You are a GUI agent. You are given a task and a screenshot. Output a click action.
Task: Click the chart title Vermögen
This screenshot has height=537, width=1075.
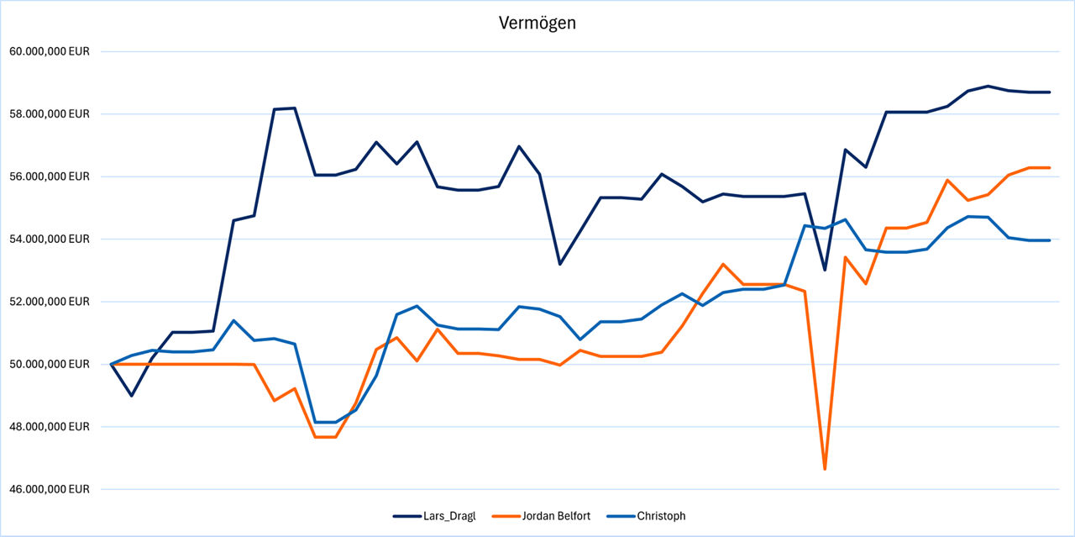click(x=537, y=24)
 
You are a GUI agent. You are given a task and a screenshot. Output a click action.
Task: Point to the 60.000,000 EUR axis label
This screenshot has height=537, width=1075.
click(x=49, y=51)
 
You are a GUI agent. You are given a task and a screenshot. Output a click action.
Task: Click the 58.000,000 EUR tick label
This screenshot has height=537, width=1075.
click(x=49, y=114)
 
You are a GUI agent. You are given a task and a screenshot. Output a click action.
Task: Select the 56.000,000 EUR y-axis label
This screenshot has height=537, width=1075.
click(x=49, y=176)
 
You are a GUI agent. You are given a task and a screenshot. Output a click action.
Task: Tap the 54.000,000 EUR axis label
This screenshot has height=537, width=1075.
click(x=49, y=240)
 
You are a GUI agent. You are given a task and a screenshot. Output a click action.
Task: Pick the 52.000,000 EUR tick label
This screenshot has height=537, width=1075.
click(x=49, y=302)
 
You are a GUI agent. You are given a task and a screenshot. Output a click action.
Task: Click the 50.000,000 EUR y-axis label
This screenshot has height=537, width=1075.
click(x=49, y=364)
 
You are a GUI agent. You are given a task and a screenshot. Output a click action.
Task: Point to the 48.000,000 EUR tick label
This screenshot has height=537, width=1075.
click(x=49, y=427)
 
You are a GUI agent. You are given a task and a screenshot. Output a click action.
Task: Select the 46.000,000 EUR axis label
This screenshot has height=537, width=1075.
click(x=49, y=489)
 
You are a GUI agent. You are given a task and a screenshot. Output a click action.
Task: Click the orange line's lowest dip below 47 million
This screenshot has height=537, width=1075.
click(x=825, y=469)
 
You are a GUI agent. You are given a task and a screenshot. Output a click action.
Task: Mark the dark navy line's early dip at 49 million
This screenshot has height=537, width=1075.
click(x=132, y=395)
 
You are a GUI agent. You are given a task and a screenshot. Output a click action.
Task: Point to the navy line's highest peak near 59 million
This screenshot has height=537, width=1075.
click(x=988, y=86)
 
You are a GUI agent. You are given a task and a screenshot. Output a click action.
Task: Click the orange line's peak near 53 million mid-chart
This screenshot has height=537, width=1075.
click(x=723, y=264)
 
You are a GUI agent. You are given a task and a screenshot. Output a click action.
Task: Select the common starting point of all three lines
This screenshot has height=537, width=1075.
click(x=112, y=364)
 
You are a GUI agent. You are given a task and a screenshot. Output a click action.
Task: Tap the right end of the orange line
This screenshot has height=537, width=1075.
click(x=1050, y=168)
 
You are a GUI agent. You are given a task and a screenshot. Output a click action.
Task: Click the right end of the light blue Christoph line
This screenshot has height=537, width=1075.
click(x=1050, y=240)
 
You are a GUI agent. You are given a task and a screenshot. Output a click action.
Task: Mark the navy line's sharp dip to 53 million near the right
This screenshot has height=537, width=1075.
click(x=825, y=270)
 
